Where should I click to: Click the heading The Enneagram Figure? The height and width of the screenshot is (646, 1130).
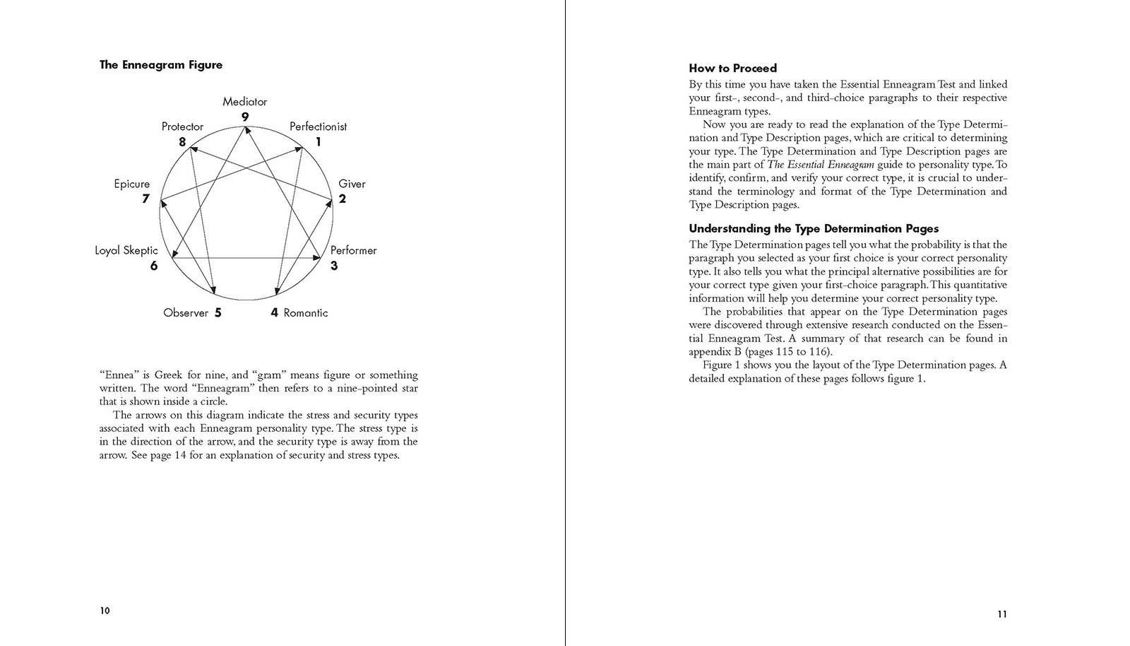[x=161, y=65]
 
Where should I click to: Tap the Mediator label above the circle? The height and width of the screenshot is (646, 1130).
[x=244, y=102]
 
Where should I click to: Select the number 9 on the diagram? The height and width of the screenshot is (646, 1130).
[x=244, y=117]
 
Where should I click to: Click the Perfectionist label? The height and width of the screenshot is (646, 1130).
[x=318, y=127]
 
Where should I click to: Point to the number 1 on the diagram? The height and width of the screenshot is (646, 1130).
[x=318, y=142]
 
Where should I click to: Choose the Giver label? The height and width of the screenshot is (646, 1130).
[x=352, y=184]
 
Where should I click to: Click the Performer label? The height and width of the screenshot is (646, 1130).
[x=353, y=250]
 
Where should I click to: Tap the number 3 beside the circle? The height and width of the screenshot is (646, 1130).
[x=334, y=266]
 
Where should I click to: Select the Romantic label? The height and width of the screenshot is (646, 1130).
[x=305, y=312]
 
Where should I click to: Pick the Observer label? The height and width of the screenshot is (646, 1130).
[x=186, y=312]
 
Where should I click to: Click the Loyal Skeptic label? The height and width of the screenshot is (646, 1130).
[x=126, y=250]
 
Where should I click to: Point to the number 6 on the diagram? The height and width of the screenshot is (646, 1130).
[x=154, y=266]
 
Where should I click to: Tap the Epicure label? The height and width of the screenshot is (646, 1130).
[x=132, y=184]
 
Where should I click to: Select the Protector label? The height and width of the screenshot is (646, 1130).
[x=182, y=127]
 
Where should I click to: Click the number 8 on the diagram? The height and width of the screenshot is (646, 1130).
[x=182, y=142]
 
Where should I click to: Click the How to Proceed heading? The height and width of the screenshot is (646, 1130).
[x=732, y=69]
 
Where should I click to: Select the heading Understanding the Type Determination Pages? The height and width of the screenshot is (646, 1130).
[x=814, y=229]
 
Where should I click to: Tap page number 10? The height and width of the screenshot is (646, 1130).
[x=105, y=611]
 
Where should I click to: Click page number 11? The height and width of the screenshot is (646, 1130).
[x=1002, y=614]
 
